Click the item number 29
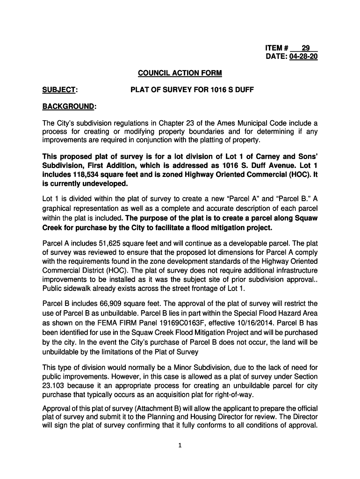(305, 48)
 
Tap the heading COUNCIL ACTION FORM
(180, 73)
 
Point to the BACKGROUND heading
(69, 106)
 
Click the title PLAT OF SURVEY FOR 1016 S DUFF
(192, 89)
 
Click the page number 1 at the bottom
(180, 445)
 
